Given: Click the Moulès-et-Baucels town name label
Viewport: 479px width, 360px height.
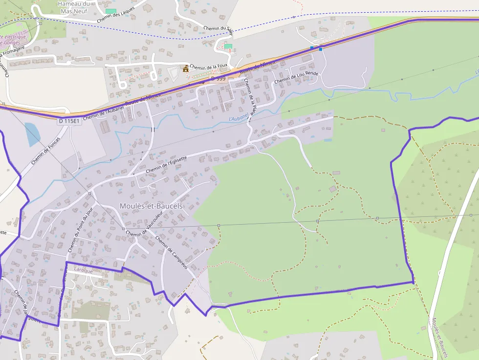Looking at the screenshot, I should point(151,206).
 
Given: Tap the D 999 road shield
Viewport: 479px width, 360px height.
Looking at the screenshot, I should point(218,79).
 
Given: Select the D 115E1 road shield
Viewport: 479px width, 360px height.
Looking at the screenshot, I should point(69,121).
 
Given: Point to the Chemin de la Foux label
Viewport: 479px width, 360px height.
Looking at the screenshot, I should point(209,67).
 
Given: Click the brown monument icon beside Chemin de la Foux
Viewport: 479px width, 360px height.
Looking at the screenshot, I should point(185,69).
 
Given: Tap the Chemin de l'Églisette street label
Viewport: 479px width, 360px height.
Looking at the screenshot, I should point(167,163).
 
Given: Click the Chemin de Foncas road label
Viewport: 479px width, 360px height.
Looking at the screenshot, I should point(45,150).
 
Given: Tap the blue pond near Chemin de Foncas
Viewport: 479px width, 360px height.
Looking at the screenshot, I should point(32,134).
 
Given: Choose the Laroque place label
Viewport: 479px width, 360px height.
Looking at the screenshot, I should point(83,269).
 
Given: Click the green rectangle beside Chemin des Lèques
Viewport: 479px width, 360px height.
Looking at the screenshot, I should point(111,11).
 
